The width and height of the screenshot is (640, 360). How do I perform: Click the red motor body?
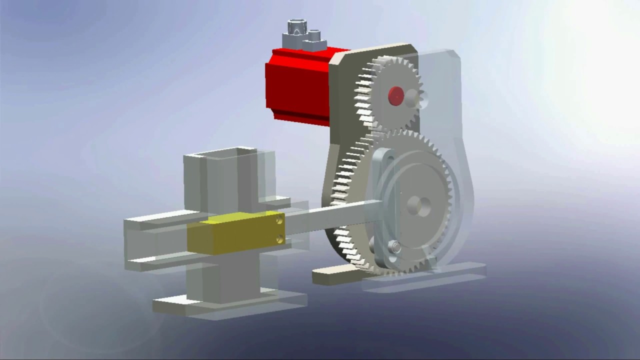coord(295,85)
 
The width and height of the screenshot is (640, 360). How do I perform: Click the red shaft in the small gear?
coord(395,95)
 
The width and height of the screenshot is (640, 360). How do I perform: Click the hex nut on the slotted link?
coord(393,246)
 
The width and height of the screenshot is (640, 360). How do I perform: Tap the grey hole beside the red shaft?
coord(413,98)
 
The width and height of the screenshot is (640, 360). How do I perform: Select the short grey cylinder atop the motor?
coord(314,36)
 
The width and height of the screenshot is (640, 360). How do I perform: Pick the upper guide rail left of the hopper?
coord(155,220)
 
